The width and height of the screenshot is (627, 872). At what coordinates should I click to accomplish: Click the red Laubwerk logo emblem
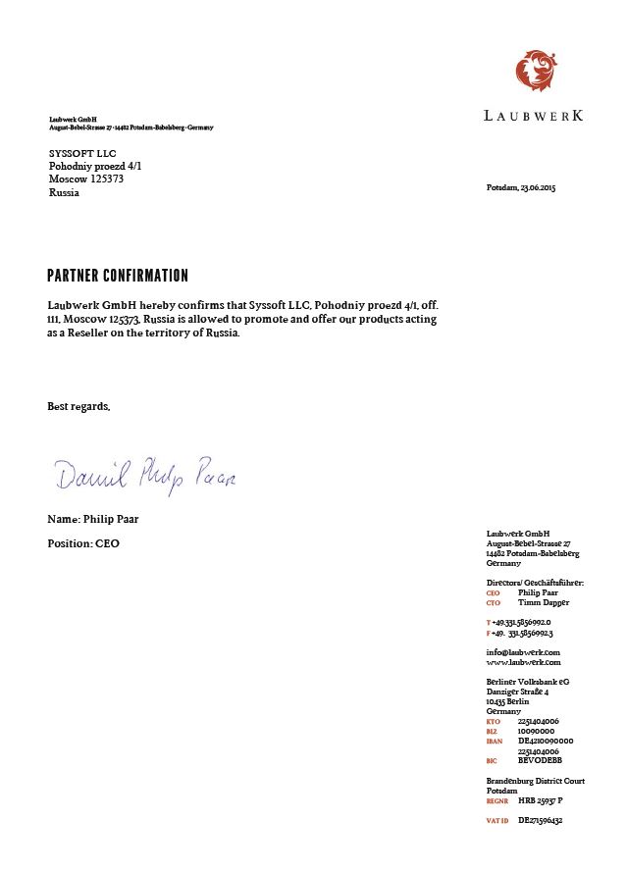[536, 71]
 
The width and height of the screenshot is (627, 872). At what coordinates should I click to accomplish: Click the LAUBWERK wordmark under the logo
[534, 116]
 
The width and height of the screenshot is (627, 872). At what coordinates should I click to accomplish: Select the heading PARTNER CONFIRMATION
[118, 276]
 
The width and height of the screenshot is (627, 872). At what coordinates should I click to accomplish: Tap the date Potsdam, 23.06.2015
[521, 187]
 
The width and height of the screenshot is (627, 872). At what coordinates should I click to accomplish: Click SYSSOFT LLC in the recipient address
[81, 154]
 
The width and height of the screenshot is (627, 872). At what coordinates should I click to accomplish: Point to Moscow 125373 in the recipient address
[86, 180]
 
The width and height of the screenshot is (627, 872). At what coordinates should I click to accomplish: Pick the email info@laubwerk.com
[523, 652]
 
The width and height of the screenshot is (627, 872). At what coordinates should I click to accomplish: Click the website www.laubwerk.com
[523, 662]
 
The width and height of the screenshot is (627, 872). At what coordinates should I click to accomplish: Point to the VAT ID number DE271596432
[541, 819]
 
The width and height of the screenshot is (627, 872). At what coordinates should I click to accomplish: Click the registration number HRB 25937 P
[541, 800]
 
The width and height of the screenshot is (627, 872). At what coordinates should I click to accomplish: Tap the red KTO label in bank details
[493, 722]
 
